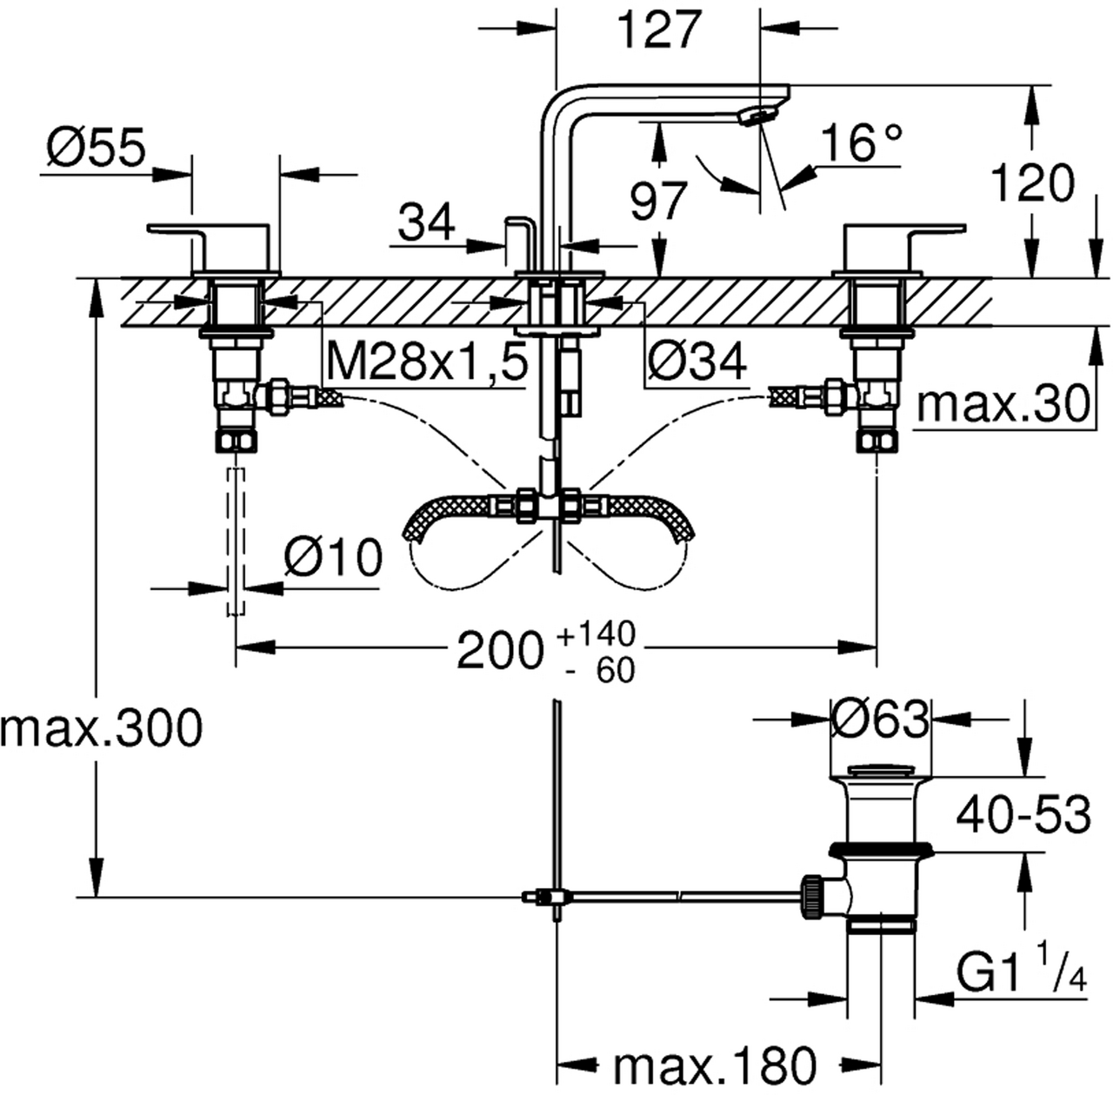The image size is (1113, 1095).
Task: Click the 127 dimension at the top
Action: [658, 31]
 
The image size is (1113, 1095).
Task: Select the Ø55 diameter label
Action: [96, 149]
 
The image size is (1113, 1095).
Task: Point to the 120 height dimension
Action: [1033, 185]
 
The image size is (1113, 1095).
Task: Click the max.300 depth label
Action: [102, 728]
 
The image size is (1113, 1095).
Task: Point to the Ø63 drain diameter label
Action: [880, 719]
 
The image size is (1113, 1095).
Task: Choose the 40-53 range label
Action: [1023, 815]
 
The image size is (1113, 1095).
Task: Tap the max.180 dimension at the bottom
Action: [716, 1063]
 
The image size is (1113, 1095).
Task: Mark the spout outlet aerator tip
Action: [757, 116]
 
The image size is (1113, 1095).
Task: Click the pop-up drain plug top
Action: [878, 770]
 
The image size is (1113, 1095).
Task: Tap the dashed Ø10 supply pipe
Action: [236, 539]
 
